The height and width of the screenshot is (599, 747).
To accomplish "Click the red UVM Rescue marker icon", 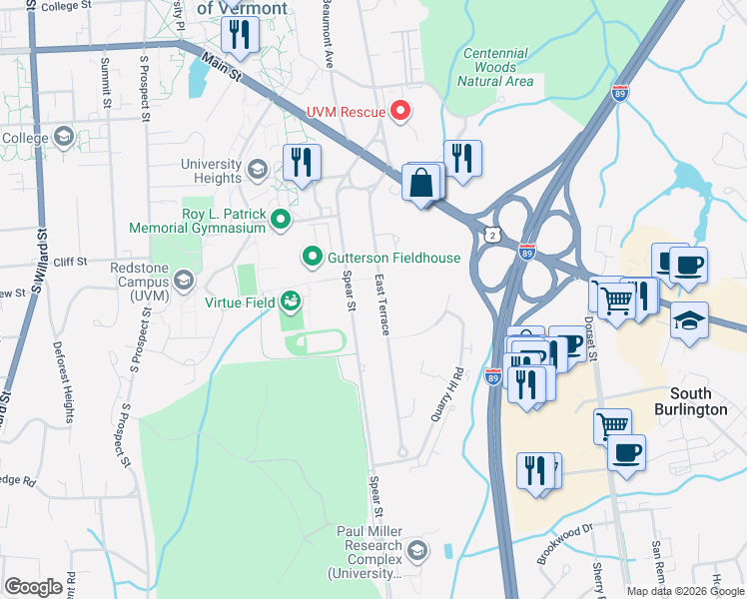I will (x=400, y=110).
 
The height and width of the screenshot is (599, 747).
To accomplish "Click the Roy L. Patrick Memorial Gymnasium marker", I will (x=281, y=219).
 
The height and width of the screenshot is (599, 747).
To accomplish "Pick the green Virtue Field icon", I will (x=291, y=299).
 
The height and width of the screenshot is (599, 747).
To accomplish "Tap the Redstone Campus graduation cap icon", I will (x=184, y=281).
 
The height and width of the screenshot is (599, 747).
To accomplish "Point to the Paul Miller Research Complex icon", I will (x=416, y=550).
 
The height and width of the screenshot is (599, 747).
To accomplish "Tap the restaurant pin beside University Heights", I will (x=301, y=162).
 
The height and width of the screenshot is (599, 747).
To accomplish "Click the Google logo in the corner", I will (x=33, y=586).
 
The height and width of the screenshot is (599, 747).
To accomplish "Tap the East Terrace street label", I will (x=381, y=304).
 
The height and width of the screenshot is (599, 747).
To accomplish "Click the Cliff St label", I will (x=73, y=262).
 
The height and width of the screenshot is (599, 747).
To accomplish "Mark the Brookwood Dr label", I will (x=564, y=544).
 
